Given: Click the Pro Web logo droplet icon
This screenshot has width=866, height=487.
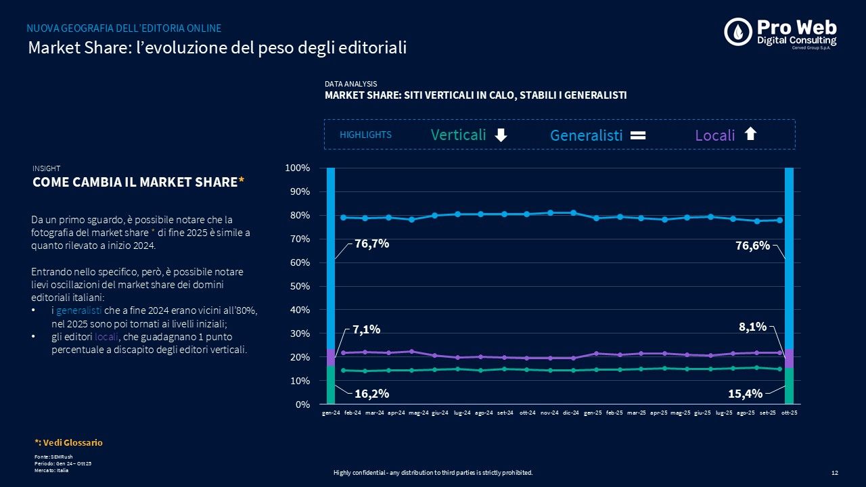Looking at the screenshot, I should point(738,32).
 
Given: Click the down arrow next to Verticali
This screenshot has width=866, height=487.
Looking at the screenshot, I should point(501,135).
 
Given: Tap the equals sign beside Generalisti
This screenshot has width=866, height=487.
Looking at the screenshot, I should point(638,135).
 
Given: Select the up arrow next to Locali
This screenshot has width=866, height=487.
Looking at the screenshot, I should point(750,134).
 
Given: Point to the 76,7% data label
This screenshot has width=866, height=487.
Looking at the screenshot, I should point(371,244).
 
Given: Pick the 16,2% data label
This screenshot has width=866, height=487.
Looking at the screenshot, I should point(371,393).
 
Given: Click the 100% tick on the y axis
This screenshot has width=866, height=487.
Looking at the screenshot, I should point(298,168).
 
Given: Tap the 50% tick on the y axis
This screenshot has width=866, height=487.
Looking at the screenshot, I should point(300,286).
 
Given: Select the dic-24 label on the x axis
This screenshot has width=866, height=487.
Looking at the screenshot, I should point(572,413).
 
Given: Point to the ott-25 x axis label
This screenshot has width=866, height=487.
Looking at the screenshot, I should point(789,413).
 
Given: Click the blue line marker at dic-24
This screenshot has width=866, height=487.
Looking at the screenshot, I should point(574,213).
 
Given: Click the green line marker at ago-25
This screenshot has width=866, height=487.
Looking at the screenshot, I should point(756,368).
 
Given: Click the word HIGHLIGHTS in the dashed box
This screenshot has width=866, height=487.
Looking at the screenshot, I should point(365,135).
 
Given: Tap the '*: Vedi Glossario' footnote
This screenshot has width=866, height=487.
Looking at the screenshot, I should point(68,442).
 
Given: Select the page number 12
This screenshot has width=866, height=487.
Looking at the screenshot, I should point(834,473).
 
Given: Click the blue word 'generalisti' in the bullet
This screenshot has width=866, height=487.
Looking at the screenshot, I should point(79,310).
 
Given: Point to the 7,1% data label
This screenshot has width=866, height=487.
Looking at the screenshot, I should point(366,329).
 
